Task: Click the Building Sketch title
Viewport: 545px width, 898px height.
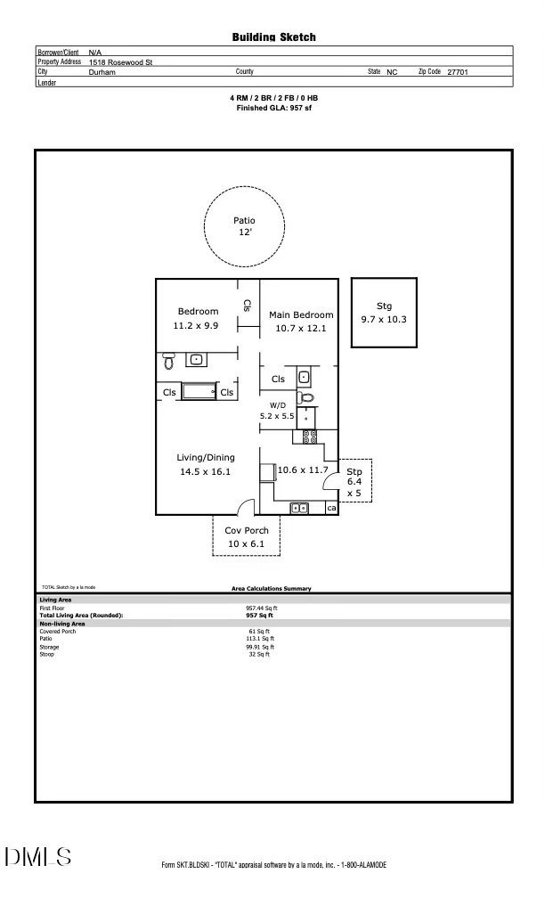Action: click(273, 37)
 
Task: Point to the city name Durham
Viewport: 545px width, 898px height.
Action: click(102, 71)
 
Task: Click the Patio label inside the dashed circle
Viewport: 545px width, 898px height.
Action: click(244, 220)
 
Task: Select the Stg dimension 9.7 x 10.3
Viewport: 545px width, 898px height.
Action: click(383, 319)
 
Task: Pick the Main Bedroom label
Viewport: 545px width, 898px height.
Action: click(301, 314)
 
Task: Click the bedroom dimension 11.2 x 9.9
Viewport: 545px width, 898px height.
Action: click(198, 326)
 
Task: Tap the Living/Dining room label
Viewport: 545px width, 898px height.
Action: click(206, 457)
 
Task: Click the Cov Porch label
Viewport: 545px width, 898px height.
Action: click(246, 530)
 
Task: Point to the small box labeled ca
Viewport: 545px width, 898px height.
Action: click(331, 508)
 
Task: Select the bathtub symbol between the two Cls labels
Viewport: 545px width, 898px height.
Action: click(199, 391)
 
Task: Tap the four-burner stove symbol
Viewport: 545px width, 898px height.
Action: click(311, 437)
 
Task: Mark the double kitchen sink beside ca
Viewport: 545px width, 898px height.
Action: click(299, 508)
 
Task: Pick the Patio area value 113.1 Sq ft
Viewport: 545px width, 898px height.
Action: click(260, 639)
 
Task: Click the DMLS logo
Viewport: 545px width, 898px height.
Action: click(38, 857)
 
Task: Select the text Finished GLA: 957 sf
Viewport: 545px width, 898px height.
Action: click(273, 108)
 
